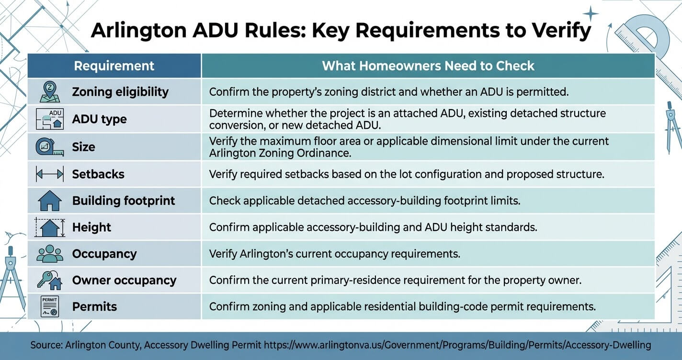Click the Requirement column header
tap(114, 66)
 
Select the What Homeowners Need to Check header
tap(428, 66)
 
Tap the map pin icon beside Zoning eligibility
tap(50, 91)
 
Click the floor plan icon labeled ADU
tap(50, 119)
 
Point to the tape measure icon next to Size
tap(50, 147)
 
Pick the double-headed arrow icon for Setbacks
tap(50, 174)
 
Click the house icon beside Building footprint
tap(50, 201)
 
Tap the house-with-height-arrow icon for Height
tap(50, 227)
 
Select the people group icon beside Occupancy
tap(50, 254)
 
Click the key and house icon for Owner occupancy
tap(50, 280)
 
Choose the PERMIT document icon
tap(50, 306)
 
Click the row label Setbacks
tap(98, 174)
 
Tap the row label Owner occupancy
tap(124, 280)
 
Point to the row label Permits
tap(94, 307)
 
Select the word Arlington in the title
tap(138, 31)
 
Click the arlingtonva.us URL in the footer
tap(457, 345)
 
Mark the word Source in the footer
tap(46, 345)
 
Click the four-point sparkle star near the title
tap(591, 13)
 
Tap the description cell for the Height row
tap(428, 227)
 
